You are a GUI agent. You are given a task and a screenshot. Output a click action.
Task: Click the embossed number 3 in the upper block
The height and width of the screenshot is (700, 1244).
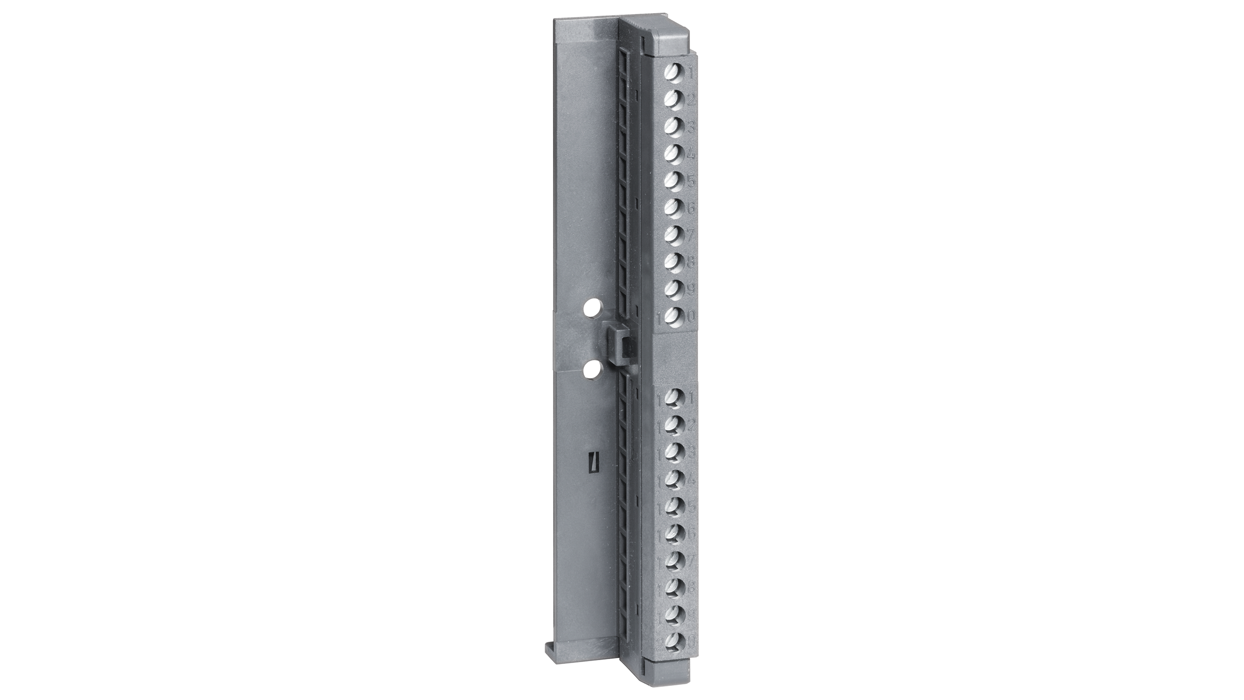pos(691,127)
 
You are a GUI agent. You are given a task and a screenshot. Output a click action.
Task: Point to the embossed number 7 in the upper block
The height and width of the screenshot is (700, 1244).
pos(691,235)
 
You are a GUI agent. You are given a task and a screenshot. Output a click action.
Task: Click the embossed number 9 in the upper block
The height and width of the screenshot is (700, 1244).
pos(691,289)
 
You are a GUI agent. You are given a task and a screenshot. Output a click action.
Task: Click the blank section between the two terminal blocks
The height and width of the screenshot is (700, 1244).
pos(675,357)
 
